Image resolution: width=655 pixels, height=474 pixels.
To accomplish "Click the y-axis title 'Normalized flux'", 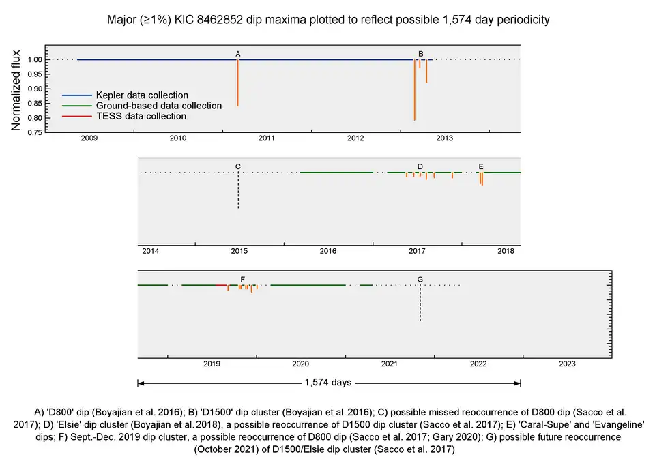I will [16, 89].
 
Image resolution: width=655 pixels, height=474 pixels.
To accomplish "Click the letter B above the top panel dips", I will [421, 53].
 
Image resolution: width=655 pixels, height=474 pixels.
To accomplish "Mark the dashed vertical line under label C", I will [237, 191].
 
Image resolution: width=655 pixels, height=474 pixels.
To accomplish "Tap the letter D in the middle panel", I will [420, 166].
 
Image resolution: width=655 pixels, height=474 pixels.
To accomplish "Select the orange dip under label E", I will [481, 179].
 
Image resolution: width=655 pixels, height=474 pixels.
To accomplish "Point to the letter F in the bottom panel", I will [243, 279].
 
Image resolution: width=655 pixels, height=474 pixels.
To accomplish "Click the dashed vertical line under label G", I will [420, 303].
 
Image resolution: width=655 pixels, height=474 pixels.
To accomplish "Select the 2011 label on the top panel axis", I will [267, 139].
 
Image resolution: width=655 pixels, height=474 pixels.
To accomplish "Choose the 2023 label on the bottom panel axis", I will [567, 364].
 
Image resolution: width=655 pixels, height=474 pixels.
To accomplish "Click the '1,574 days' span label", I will [328, 383].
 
